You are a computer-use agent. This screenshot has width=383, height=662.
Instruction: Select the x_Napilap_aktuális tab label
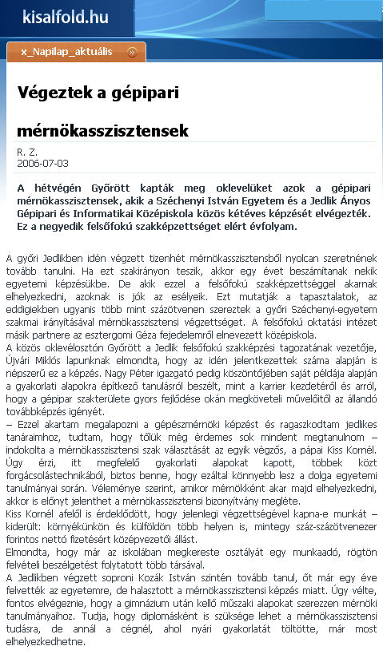pos(68,53)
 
